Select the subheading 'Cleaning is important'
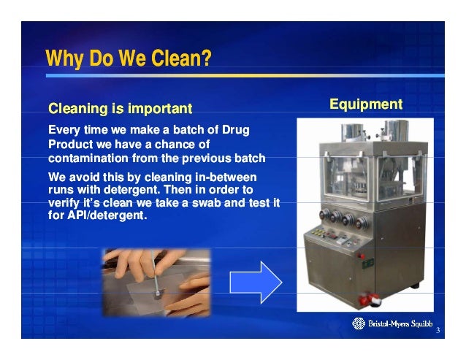coord(120,110)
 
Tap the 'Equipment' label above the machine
coord(366,104)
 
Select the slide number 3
coord(437,332)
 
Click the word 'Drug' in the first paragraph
coord(234,130)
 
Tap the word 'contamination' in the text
coord(88,158)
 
